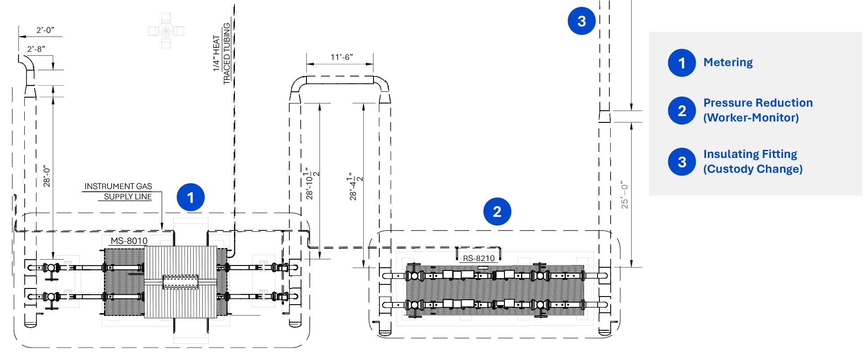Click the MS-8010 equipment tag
[x=129, y=241]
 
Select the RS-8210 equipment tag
[x=478, y=258]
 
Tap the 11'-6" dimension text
[x=342, y=57]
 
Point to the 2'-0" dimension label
[x=45, y=30]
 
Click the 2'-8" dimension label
[x=36, y=49]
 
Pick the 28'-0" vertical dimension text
[x=47, y=176]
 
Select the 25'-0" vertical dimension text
[x=624, y=195]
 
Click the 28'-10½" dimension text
[x=311, y=184]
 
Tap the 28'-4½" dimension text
[x=355, y=186]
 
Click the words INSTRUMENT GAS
[x=118, y=186]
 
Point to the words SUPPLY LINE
[x=127, y=197]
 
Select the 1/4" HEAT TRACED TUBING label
[x=221, y=53]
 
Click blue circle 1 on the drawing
[x=190, y=197]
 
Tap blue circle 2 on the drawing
[x=497, y=211]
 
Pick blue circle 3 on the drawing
[x=581, y=21]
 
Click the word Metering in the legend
[x=728, y=62]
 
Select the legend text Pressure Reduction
[x=758, y=103]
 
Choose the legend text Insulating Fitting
[x=750, y=154]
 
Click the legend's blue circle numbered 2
[x=682, y=111]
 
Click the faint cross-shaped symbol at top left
[x=166, y=31]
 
